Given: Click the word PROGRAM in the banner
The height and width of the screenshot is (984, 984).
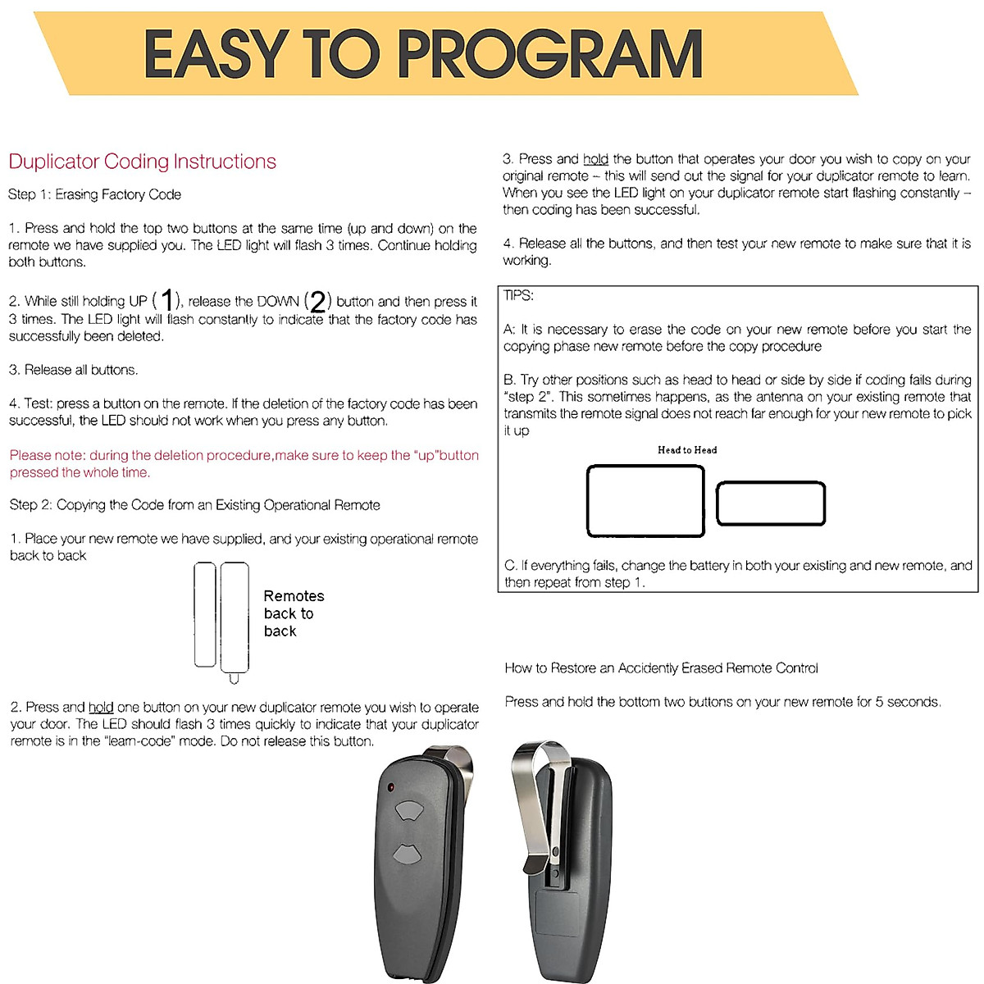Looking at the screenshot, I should point(550,55).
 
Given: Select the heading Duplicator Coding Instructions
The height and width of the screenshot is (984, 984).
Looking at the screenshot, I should point(142,162).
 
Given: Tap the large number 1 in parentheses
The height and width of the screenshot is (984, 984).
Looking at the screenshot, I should point(167,301).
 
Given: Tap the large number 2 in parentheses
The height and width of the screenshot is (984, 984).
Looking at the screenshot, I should point(317,302).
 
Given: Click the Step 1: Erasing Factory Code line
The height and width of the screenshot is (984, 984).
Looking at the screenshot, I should point(94,194).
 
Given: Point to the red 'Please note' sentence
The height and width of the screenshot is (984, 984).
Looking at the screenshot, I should point(244,463).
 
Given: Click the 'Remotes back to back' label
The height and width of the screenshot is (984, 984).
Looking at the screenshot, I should point(293,613).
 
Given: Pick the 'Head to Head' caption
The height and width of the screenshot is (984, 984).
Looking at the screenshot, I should point(687,449).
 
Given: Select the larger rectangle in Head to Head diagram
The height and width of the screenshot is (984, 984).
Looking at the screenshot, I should point(645,501).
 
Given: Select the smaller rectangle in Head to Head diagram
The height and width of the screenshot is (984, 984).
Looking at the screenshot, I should point(771,503).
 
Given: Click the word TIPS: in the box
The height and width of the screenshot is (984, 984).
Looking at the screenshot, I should point(518,295).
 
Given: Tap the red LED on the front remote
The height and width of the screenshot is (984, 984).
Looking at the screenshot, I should point(392,787).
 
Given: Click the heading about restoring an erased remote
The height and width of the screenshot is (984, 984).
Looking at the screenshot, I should point(661,668).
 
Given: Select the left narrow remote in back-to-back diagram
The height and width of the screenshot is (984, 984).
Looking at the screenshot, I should point(205,614).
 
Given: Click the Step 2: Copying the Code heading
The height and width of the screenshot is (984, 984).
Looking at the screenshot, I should point(194,505).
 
